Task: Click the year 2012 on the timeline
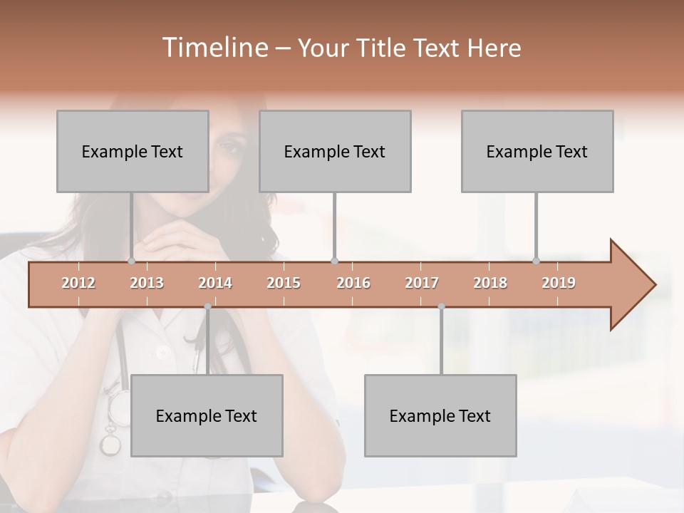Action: coord(78,283)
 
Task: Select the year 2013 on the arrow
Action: coord(147,283)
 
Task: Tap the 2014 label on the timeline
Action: coord(215,283)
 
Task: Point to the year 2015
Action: coord(284,283)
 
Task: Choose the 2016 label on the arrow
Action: coord(353,283)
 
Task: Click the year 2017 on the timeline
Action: coord(422,283)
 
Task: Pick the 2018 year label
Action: coord(490,283)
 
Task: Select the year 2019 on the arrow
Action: coord(559,283)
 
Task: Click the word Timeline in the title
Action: coord(214,48)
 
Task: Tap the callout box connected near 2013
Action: coord(133,151)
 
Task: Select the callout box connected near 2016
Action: coord(335,151)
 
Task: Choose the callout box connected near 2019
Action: coord(537,151)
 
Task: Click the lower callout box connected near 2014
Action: coord(207,415)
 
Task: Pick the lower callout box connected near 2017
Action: coord(440,415)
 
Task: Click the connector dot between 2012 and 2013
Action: coord(132,261)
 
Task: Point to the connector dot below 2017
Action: coord(441,306)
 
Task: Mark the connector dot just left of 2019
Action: coord(537,261)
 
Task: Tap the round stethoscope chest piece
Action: coord(110,445)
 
